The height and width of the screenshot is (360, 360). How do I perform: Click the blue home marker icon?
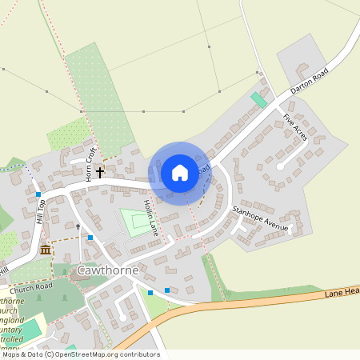click(179, 173)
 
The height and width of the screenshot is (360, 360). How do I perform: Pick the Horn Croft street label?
click(90, 165)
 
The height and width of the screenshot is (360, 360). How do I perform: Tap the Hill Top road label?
click(41, 212)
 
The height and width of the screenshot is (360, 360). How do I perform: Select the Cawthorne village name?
click(108, 270)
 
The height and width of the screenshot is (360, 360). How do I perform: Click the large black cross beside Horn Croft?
click(101, 171)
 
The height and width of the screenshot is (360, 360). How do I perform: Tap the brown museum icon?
click(45, 250)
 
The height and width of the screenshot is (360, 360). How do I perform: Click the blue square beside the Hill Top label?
click(38, 194)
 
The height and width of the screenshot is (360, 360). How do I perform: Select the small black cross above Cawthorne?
click(78, 227)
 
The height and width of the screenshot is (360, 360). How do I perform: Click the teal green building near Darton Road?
click(258, 101)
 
